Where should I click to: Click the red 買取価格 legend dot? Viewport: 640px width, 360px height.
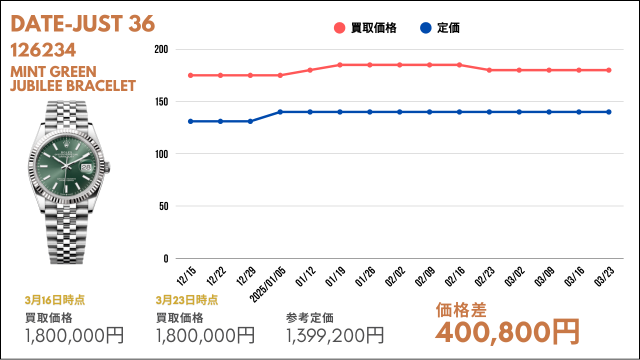tap(339, 28)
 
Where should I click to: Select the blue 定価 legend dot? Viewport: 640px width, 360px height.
tap(425, 28)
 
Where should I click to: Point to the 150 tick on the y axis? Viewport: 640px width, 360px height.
tap(161, 101)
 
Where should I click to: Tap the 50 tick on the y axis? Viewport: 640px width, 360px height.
tap(163, 206)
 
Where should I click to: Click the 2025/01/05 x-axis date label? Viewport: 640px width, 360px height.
tap(267, 284)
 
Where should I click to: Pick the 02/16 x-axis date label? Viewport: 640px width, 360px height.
tap(455, 276)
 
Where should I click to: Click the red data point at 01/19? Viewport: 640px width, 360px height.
tap(340, 65)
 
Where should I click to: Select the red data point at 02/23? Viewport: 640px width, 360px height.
tap(489, 70)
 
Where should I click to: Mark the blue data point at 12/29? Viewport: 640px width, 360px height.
tap(250, 121)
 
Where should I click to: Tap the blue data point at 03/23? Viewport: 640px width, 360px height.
tap(609, 112)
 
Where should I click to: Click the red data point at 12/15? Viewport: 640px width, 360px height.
tap(190, 75)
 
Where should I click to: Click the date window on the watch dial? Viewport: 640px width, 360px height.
tap(86, 167)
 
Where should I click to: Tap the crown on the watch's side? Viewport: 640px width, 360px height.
tap(107, 167)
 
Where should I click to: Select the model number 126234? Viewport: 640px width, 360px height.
tap(43, 50)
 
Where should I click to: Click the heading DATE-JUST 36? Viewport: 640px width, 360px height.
tap(82, 23)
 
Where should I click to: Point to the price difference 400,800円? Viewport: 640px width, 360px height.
tap(507, 332)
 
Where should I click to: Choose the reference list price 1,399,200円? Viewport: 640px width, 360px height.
tap(335, 335)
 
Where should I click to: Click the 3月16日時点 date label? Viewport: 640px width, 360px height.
tap(55, 300)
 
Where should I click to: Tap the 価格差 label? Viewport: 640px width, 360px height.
tap(461, 310)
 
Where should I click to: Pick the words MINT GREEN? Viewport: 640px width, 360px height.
tap(53, 71)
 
